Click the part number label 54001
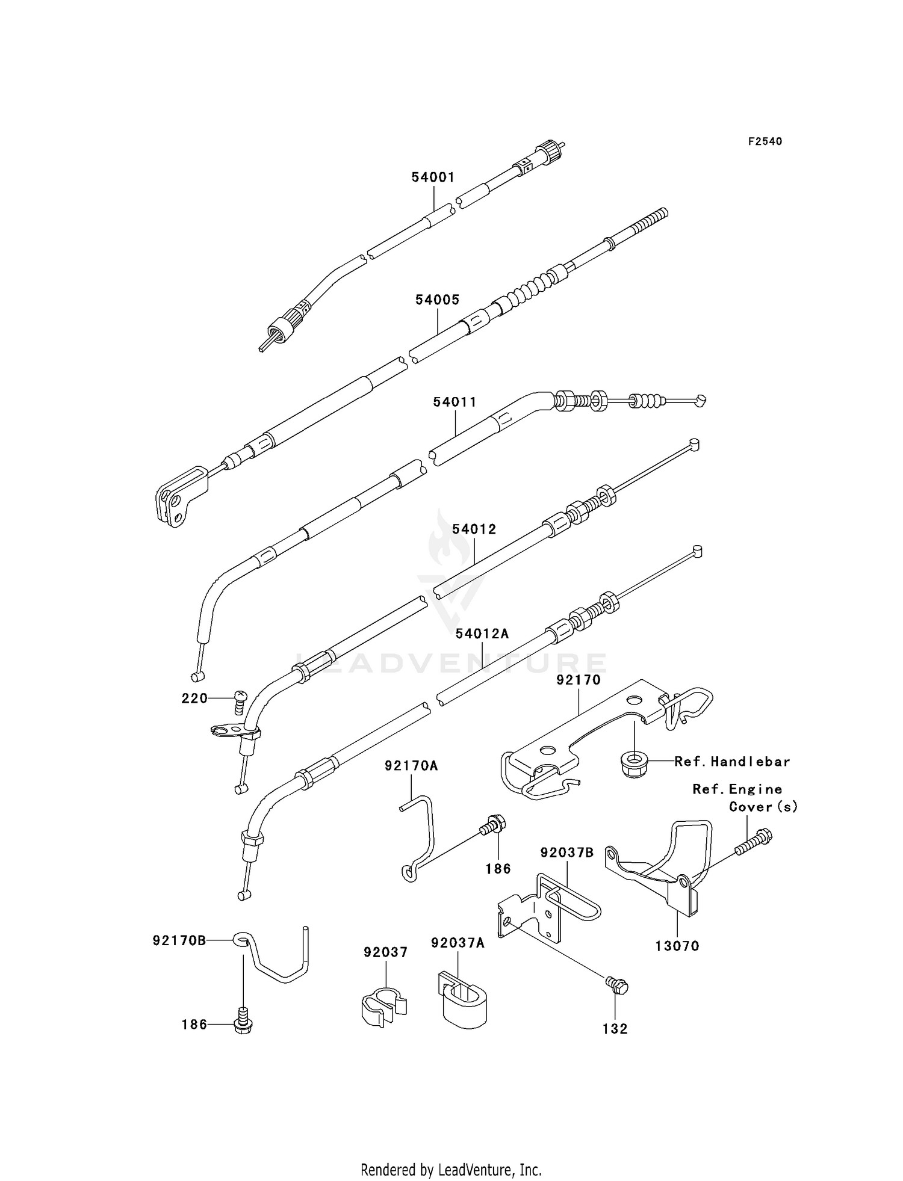pos(433,177)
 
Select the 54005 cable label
pos(437,300)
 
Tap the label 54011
pos(455,402)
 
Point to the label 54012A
pos(482,634)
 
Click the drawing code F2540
pos(765,141)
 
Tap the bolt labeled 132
pos(617,986)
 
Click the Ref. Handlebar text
pos(731,762)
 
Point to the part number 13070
pos(677,946)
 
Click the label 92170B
pos(179,940)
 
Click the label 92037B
pos(566,853)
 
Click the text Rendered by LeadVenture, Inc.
pos(451,1170)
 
